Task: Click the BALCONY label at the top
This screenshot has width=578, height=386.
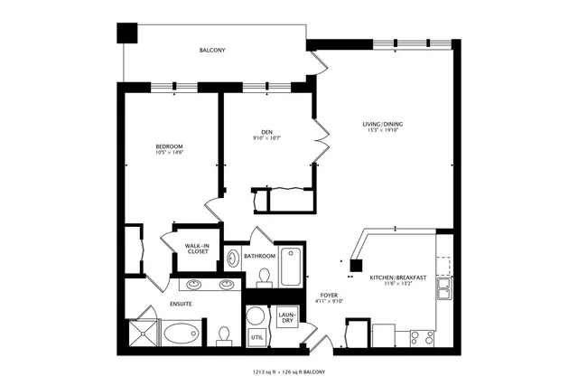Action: [212, 51]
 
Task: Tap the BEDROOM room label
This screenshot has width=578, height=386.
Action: [169, 146]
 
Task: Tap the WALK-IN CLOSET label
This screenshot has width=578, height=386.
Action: [198, 248]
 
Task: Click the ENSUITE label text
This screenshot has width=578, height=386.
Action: [181, 304]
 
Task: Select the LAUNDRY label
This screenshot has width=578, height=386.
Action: [286, 316]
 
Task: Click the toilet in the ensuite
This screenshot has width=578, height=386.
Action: [225, 335]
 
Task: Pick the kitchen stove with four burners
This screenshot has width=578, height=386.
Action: [421, 336]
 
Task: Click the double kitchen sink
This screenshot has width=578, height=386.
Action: [443, 289]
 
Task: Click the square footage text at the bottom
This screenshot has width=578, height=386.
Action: [288, 372]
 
